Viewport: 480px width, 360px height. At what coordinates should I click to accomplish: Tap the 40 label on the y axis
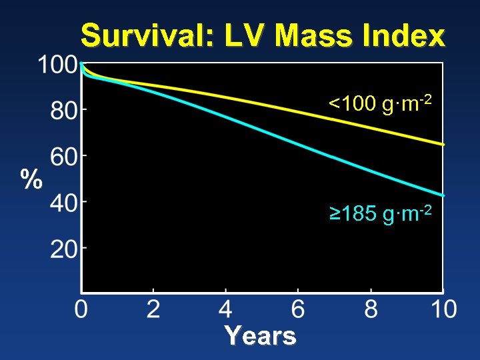tap(65, 202)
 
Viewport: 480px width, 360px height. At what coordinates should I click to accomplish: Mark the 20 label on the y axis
tap(65, 251)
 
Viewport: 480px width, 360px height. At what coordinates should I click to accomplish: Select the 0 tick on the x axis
tap(81, 309)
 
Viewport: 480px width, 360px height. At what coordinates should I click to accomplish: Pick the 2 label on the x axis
tap(153, 309)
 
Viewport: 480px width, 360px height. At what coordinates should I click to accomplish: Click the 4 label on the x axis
tap(225, 309)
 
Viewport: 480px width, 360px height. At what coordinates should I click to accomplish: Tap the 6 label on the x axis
tap(298, 309)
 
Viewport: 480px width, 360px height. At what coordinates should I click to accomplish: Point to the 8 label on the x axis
tap(371, 309)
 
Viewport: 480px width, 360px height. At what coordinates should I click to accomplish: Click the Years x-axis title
tap(260, 335)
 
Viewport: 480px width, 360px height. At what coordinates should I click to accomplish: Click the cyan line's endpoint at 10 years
tap(443, 195)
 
